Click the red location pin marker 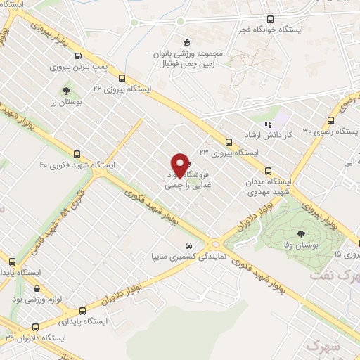[181, 165]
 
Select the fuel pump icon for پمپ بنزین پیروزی [78, 56]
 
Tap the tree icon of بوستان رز [66, 91]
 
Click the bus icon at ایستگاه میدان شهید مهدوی [267, 170]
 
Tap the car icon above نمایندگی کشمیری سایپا [188, 245]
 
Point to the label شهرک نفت [333, 276]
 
